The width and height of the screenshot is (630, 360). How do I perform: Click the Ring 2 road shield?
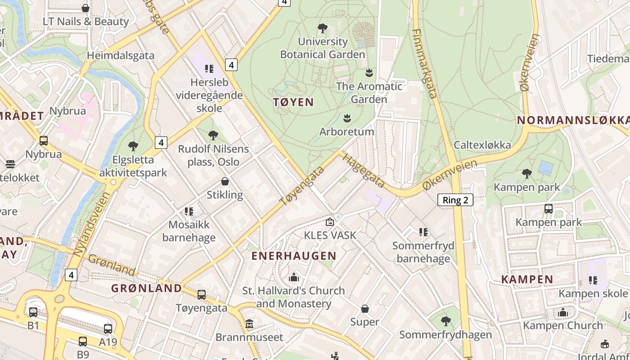[x=455, y=200]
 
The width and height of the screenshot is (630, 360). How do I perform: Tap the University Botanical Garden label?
[x=323, y=48]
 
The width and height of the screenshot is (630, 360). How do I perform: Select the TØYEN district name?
[x=293, y=102]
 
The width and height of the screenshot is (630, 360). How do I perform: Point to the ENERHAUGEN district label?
[x=293, y=256]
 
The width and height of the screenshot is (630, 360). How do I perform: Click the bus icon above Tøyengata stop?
[x=202, y=295]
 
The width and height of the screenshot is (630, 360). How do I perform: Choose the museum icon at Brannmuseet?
[x=249, y=324]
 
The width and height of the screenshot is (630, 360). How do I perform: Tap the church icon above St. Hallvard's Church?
[x=294, y=277]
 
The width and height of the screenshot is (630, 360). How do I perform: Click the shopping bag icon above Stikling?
[x=225, y=181]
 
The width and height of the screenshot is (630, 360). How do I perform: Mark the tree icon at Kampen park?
[x=526, y=173]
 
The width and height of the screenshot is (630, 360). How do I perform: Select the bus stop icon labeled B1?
[x=33, y=312]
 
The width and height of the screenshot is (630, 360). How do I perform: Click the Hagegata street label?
[x=363, y=170]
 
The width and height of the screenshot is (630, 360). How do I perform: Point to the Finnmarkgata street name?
[x=424, y=63]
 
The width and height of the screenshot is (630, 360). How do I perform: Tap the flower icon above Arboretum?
[x=347, y=118]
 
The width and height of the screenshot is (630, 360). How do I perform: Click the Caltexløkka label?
[x=482, y=145]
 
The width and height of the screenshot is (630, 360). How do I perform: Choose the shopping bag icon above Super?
[x=365, y=309]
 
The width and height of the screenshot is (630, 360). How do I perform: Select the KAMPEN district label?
[x=527, y=279]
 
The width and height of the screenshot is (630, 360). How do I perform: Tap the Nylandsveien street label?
[x=91, y=225]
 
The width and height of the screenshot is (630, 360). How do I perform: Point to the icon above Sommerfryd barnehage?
[x=423, y=232]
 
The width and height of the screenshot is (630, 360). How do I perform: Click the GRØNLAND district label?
[x=147, y=288]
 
